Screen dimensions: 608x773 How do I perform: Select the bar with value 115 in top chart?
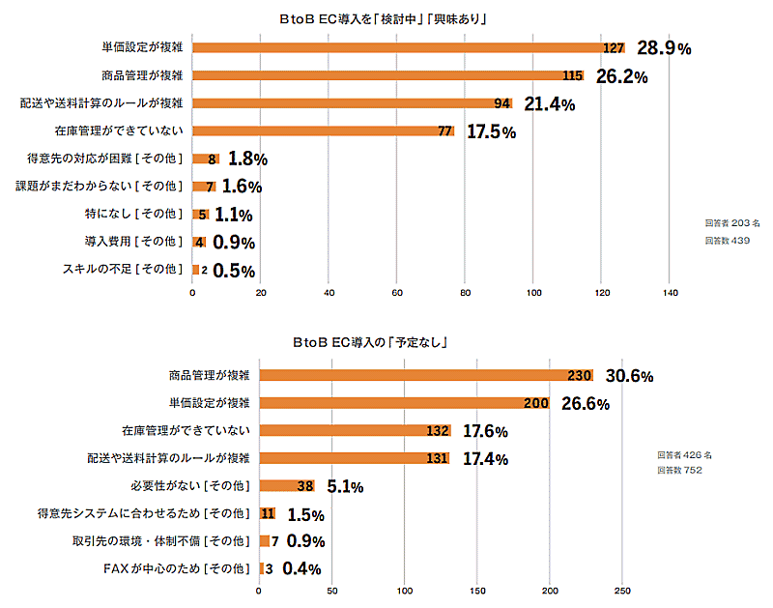coord(386,75)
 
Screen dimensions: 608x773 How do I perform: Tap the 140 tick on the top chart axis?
coord(671,292)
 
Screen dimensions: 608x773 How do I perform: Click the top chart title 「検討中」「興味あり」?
coord(387,18)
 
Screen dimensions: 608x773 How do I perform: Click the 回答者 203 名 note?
coord(732,223)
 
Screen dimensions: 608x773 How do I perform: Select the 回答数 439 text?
coord(727,240)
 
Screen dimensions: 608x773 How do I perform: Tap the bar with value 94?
coord(353,102)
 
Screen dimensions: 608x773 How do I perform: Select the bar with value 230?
coord(425,375)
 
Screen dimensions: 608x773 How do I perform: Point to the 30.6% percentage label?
coord(630,376)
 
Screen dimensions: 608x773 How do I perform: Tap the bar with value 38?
coord(287,486)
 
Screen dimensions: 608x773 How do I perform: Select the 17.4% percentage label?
coord(486,459)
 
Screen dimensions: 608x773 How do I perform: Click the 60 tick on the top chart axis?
coord(397,292)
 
